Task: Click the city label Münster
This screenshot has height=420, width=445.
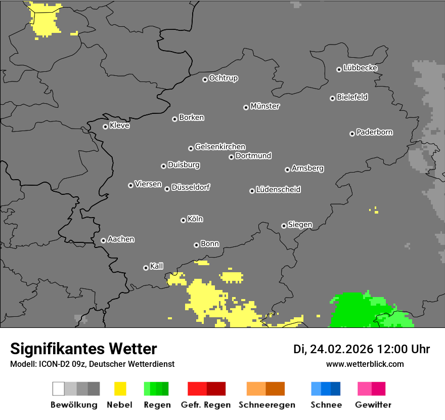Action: pyautogui.click(x=265, y=106)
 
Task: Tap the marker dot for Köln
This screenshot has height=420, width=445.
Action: pyautogui.click(x=183, y=220)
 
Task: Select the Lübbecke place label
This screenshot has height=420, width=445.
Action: pyautogui.click(x=360, y=68)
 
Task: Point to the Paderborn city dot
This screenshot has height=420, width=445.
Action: pyautogui.click(x=352, y=134)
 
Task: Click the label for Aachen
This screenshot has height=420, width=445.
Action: pyautogui.click(x=121, y=239)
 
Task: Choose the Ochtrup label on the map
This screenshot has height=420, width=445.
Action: pyautogui.click(x=224, y=78)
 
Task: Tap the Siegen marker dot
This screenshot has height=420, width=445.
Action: pyautogui.click(x=284, y=226)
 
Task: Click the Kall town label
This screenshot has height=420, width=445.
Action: pyautogui.click(x=157, y=266)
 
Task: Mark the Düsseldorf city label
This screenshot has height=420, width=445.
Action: pyautogui.click(x=191, y=187)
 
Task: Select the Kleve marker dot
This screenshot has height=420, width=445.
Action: pyautogui.click(x=105, y=127)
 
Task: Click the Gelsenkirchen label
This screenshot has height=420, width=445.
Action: pyautogui.click(x=220, y=147)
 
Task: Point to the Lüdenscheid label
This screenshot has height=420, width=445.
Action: pyautogui.click(x=278, y=190)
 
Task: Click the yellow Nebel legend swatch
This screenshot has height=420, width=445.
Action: pyautogui.click(x=120, y=389)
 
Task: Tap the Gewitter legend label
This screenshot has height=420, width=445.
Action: pyautogui.click(x=373, y=405)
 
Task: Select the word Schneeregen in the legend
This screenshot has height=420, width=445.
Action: pyautogui.click(x=266, y=405)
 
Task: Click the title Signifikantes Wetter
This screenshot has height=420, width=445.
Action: pyautogui.click(x=83, y=349)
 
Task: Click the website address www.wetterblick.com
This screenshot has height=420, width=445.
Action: pyautogui.click(x=365, y=364)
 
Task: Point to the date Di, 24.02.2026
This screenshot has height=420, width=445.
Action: pyautogui.click(x=333, y=349)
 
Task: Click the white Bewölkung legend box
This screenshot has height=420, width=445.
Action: pyautogui.click(x=59, y=389)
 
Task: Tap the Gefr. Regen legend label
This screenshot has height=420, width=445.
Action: pyautogui.click(x=206, y=405)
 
